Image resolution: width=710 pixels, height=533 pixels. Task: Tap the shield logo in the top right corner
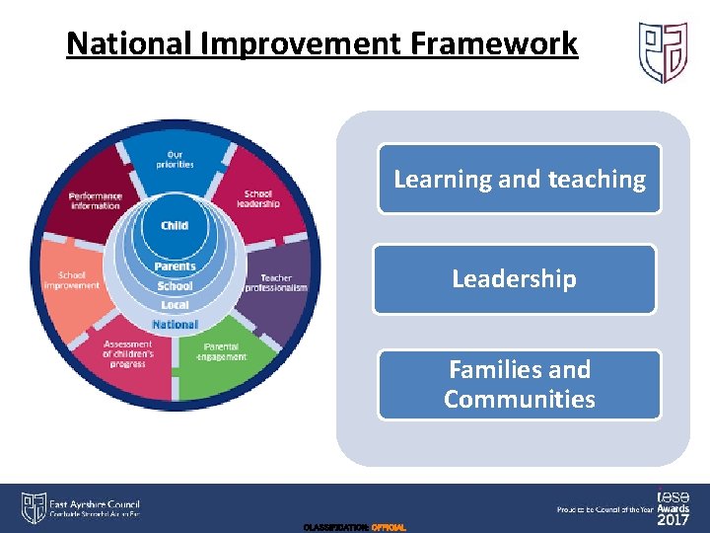click(x=663, y=52)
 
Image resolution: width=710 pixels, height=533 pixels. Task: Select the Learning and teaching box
click(x=520, y=179)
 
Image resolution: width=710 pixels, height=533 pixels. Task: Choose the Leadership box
click(x=514, y=279)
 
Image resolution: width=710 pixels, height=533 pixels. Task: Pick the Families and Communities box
click(x=520, y=385)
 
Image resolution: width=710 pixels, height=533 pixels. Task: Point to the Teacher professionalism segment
click(x=282, y=283)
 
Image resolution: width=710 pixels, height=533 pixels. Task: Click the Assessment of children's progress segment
click(x=127, y=353)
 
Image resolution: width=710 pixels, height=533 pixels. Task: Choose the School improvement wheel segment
click(x=72, y=280)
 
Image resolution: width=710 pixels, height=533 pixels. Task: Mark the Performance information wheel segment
click(x=95, y=200)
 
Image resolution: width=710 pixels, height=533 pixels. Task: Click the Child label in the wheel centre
click(x=175, y=225)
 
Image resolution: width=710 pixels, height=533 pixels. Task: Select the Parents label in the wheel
click(x=175, y=266)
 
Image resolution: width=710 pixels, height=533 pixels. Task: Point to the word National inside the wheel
click(x=175, y=325)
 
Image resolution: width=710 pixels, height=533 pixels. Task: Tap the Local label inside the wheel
click(x=175, y=306)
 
